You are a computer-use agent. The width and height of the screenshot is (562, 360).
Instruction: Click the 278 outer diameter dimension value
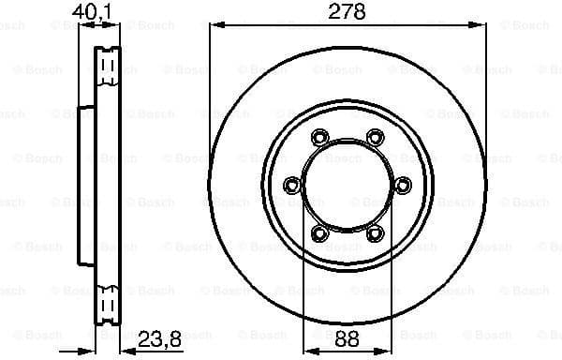[347, 11]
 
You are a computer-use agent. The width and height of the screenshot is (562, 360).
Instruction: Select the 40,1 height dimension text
[91, 11]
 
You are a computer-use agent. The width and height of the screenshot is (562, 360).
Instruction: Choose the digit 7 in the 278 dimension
[347, 11]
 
